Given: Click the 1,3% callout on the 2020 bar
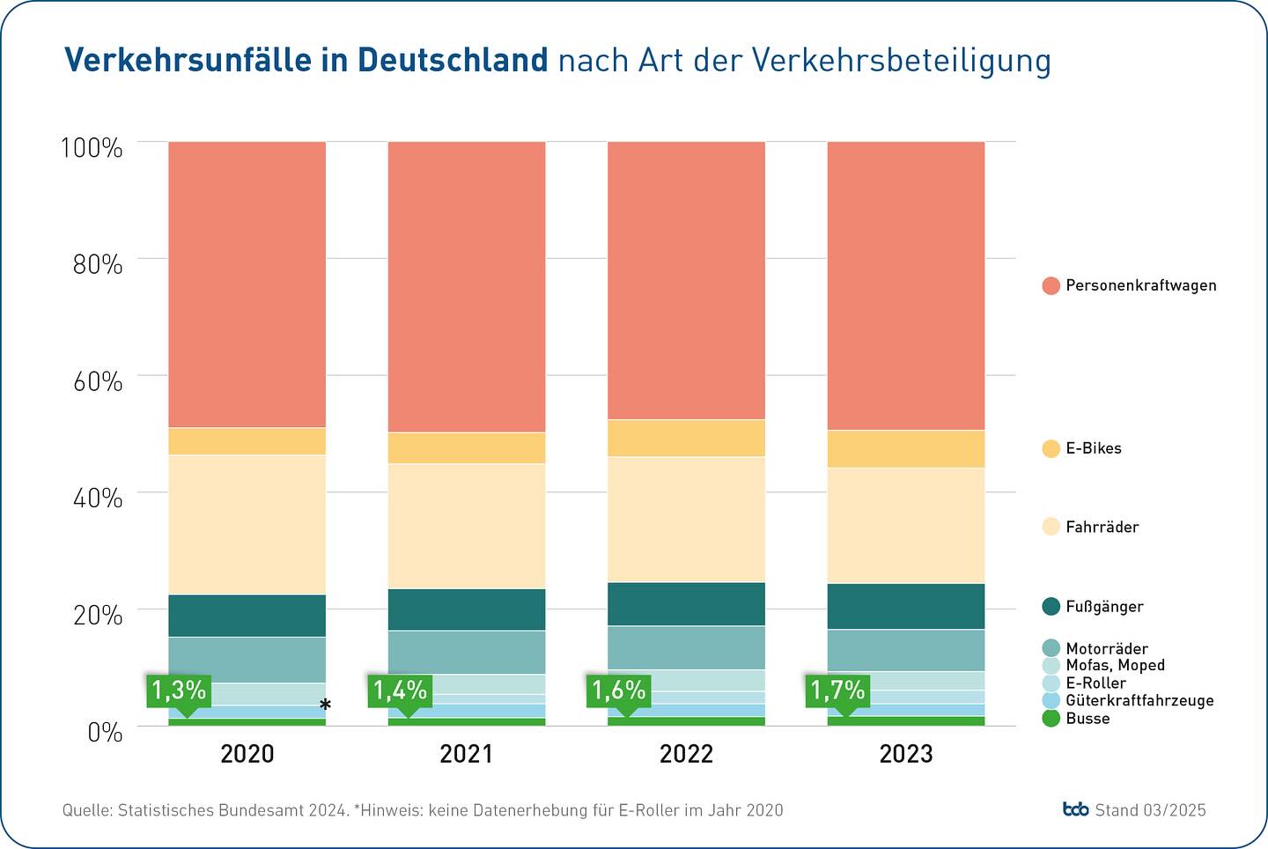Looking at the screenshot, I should tap(179, 690).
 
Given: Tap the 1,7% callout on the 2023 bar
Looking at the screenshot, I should tap(837, 690).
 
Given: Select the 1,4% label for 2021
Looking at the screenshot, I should tap(400, 690).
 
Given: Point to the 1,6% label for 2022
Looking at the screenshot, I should tap(618, 690).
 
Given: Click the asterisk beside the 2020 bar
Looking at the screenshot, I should tap(325, 705).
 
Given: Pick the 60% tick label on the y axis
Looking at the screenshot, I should tap(98, 381).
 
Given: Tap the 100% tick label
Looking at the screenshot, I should tap(92, 148).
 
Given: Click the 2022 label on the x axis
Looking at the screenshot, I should tap(686, 754).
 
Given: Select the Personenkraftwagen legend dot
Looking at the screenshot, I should tap(1051, 285).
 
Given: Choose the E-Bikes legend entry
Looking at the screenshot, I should tap(1093, 448).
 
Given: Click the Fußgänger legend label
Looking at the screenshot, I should tap(1104, 607).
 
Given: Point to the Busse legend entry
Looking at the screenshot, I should tap(1087, 719).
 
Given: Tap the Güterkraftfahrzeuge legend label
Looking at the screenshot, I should tap(1139, 701).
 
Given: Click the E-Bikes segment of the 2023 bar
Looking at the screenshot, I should tap(905, 449).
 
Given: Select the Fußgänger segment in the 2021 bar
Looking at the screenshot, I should tap(467, 609).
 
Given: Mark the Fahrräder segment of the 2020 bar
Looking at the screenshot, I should tap(247, 524).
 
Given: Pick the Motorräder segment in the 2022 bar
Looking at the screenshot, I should tap(686, 647).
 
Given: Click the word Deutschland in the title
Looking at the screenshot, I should tap(453, 61).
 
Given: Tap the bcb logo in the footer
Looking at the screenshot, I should tap(1075, 809).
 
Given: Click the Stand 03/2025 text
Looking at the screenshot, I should tap(1150, 810).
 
